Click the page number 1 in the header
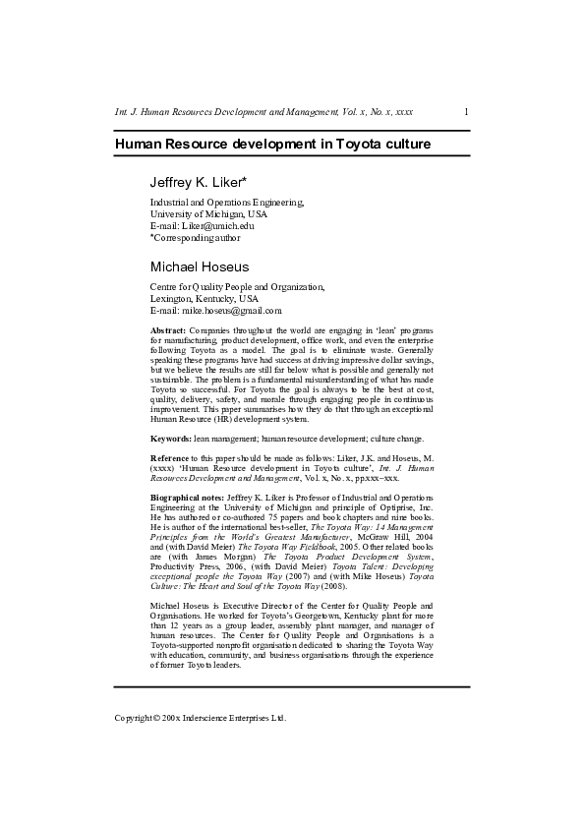465,113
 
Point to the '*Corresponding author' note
195,237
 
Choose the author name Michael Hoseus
200,266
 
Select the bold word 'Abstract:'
168,330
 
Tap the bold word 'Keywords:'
170,438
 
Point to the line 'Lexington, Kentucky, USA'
205,298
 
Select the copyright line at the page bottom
201,718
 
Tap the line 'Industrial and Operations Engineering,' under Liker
227,202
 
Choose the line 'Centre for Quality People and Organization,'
236,286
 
